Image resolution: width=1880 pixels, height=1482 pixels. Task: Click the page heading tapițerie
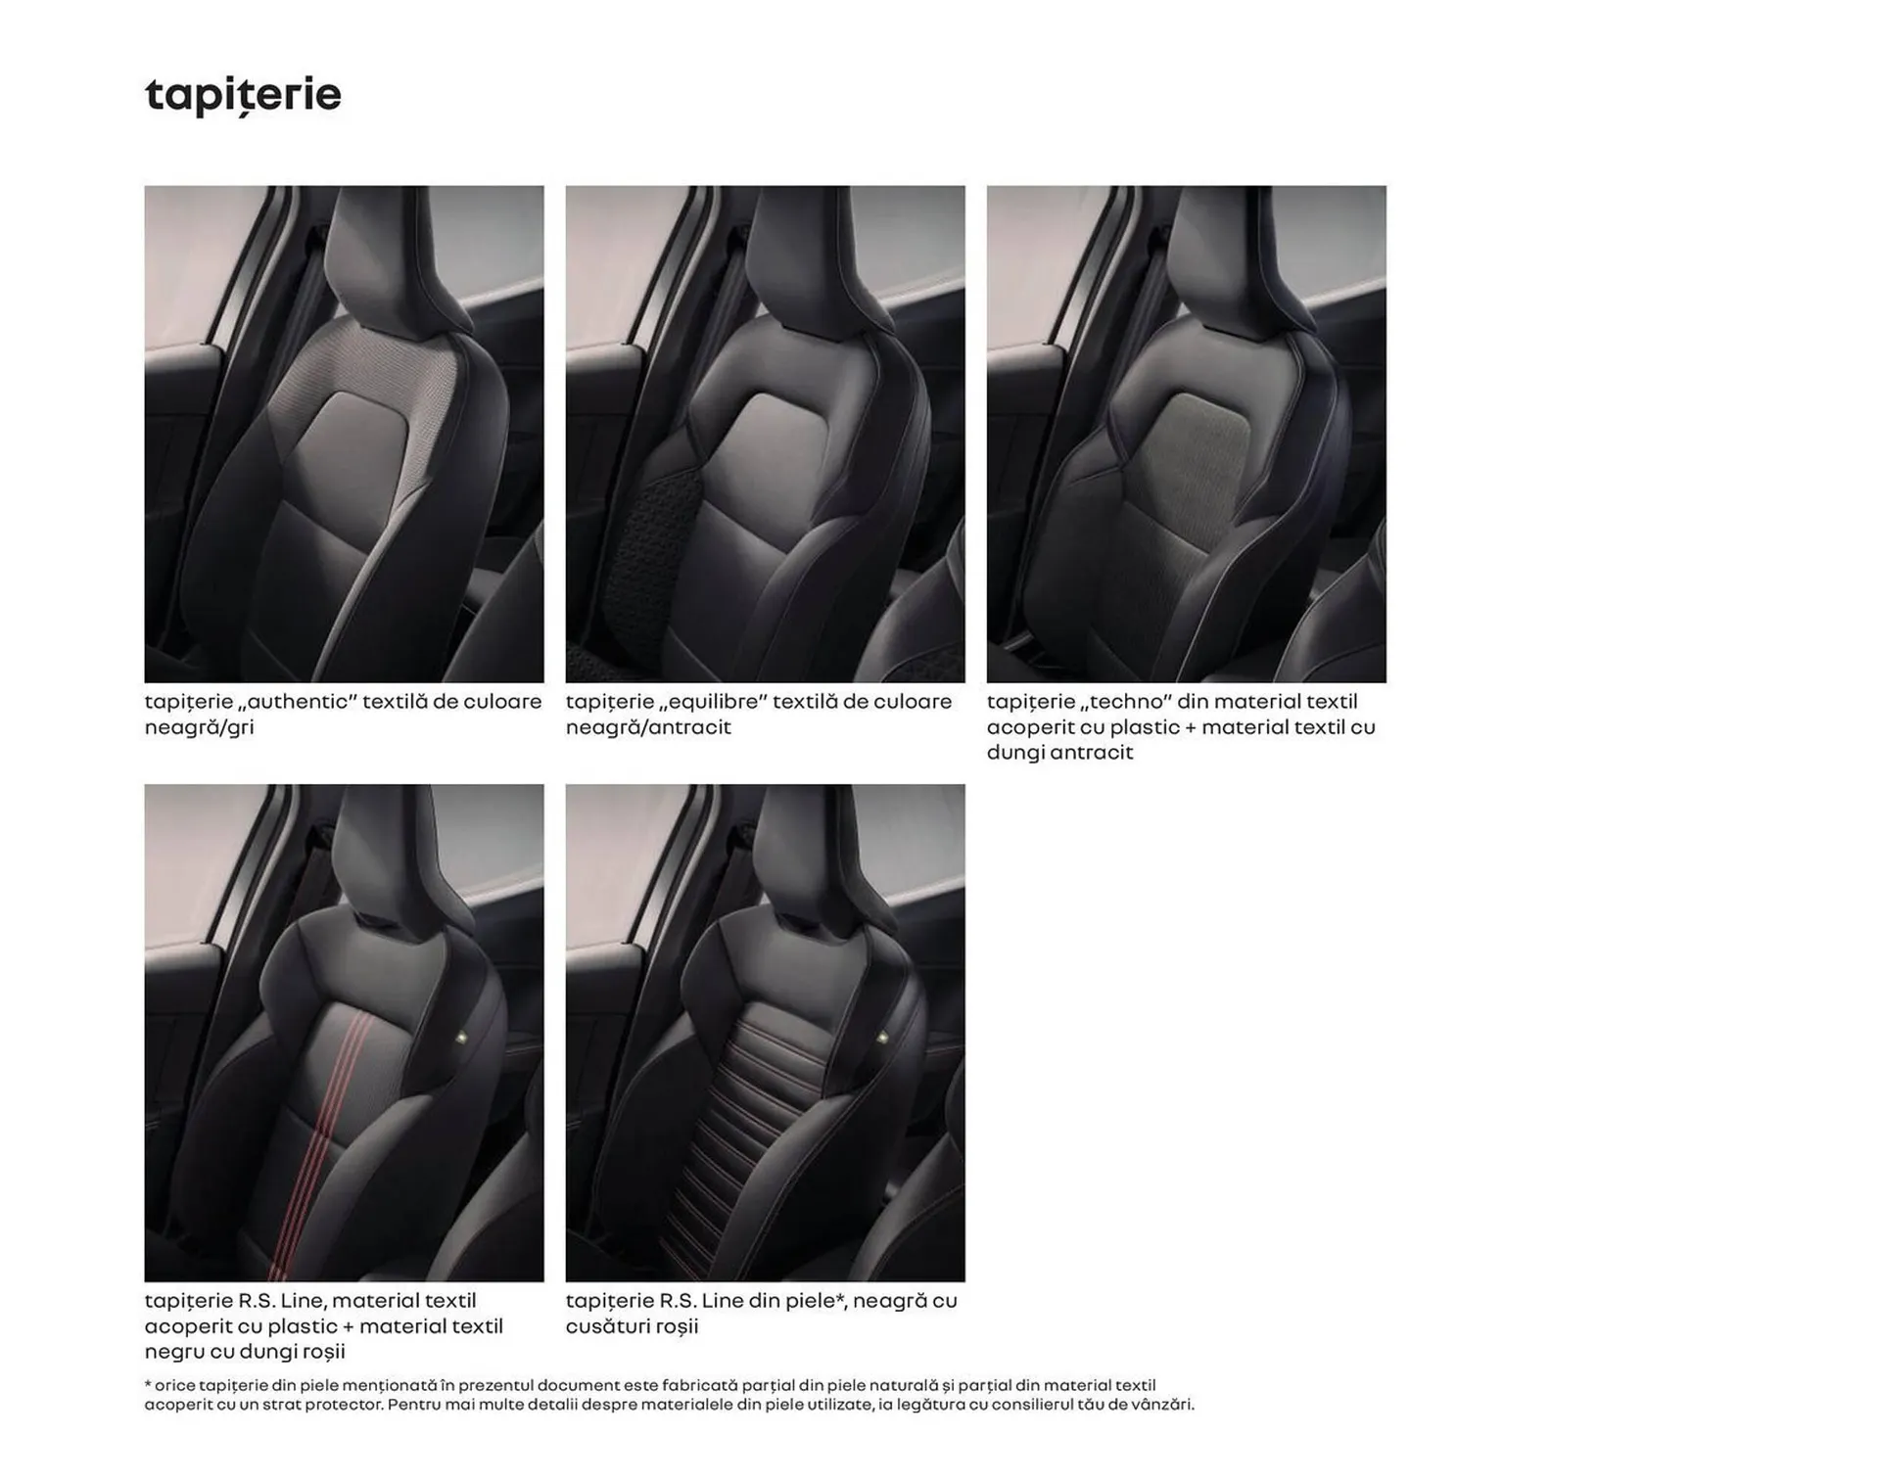pyautogui.click(x=243, y=96)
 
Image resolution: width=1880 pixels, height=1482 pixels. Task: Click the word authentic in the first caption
pyautogui.click(x=293, y=702)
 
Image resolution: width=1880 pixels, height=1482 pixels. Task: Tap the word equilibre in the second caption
pyautogui.click(x=712, y=702)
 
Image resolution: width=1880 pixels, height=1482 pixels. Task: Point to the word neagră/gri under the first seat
pyautogui.click(x=199, y=727)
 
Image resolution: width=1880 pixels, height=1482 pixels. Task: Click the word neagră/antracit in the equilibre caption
pyautogui.click(x=648, y=727)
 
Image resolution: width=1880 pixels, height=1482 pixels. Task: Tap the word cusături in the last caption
pyautogui.click(x=608, y=1326)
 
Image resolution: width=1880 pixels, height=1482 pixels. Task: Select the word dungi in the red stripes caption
pyautogui.click(x=271, y=1352)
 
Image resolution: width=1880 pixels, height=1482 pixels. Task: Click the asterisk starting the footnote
pyautogui.click(x=148, y=1384)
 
